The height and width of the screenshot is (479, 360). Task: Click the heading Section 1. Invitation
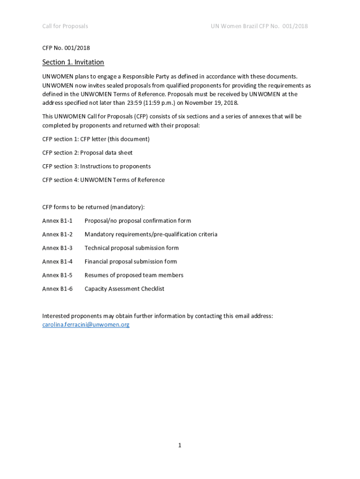pyautogui.click(x=73, y=62)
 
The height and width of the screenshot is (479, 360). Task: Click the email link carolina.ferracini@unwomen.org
pyautogui.click(x=86, y=324)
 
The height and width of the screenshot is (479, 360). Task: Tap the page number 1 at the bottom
pyautogui.click(x=180, y=445)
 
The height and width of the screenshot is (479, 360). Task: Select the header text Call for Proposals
pyautogui.click(x=65, y=26)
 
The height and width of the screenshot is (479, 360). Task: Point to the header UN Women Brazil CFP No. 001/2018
pyautogui.click(x=259, y=26)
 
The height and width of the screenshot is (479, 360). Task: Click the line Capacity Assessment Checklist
pyautogui.click(x=124, y=289)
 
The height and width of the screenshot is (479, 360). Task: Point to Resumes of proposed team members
pyautogui.click(x=134, y=275)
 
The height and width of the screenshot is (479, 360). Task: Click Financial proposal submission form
pyautogui.click(x=130, y=261)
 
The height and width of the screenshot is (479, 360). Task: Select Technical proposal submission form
pyautogui.click(x=131, y=248)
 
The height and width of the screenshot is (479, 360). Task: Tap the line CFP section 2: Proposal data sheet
pyautogui.click(x=87, y=152)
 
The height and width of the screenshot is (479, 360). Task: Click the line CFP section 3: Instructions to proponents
pyautogui.click(x=96, y=166)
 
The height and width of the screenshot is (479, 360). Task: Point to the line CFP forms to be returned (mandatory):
pyautogui.click(x=94, y=207)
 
